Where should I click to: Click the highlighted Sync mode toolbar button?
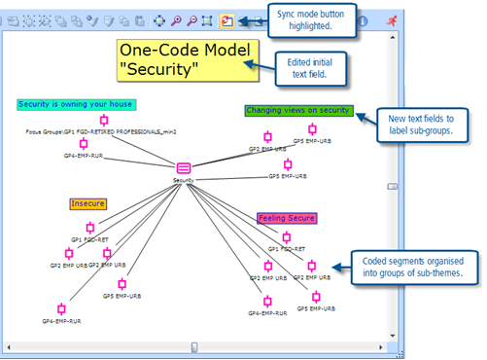(x=226, y=19)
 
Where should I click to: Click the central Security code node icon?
(x=184, y=166)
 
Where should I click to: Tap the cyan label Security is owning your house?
(x=77, y=104)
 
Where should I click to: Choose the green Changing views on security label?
(x=298, y=111)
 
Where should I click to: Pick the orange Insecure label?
(x=87, y=204)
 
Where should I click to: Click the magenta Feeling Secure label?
(x=285, y=219)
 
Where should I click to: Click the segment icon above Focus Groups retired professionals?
(x=104, y=121)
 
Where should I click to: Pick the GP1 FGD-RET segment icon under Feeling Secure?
(x=286, y=236)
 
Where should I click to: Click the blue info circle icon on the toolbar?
(x=363, y=19)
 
